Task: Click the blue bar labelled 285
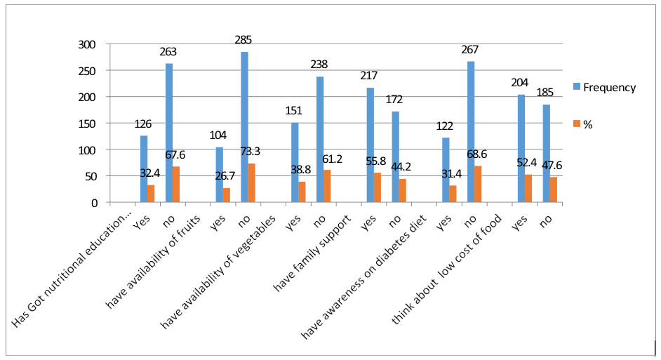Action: [244, 127]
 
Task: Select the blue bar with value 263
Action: [169, 133]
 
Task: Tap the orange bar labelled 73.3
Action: [251, 183]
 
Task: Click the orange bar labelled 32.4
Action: [150, 194]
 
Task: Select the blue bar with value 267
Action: [470, 132]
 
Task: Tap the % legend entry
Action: [587, 124]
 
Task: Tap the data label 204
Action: [520, 82]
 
